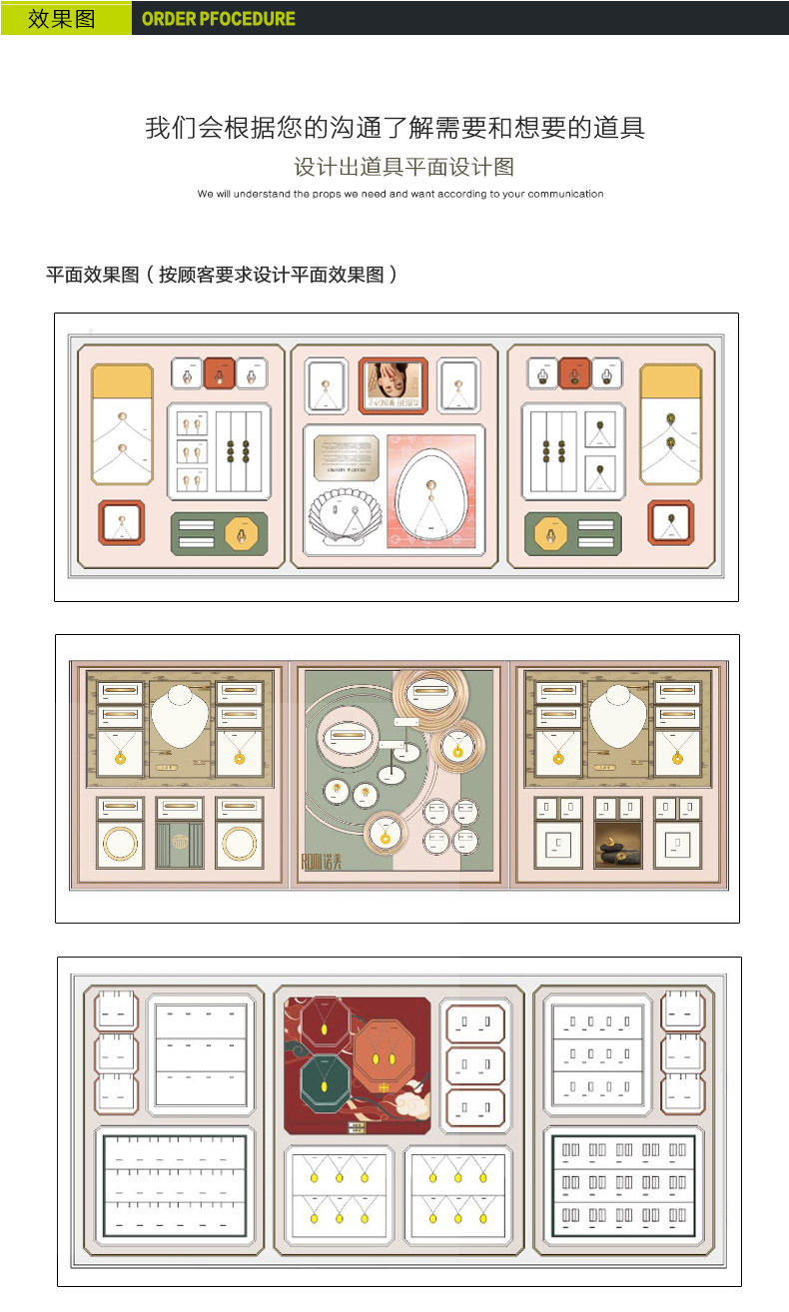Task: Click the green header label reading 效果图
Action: (x=62, y=18)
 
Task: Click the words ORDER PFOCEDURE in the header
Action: (x=219, y=19)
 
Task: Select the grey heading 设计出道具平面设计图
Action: (x=403, y=167)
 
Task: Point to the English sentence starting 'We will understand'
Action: (x=400, y=194)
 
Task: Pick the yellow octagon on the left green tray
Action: (x=242, y=534)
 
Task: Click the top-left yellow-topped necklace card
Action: (x=122, y=424)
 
